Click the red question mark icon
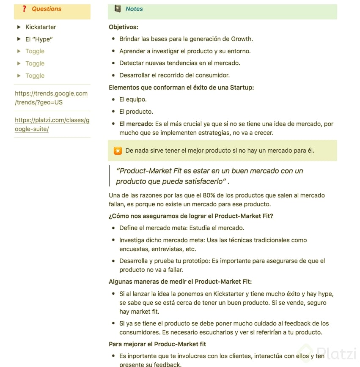[24, 9]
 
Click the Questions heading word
[47, 9]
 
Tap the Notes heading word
[134, 9]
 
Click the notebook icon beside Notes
[118, 8]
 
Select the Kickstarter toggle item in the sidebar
[41, 27]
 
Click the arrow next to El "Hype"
[19, 39]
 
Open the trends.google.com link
[51, 98]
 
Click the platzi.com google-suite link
[52, 124]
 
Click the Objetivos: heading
[124, 27]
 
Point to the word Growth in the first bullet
[242, 39]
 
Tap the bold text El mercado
[135, 124]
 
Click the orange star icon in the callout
[118, 151]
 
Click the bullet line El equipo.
[133, 100]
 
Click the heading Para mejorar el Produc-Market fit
[157, 344]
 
